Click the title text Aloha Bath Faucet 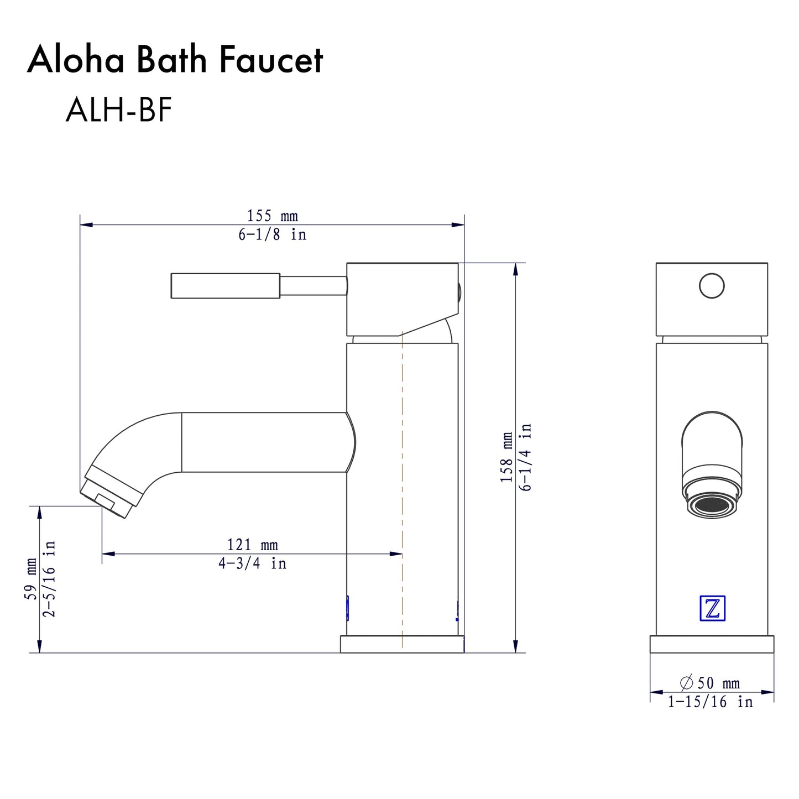click(175, 60)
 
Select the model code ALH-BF click(118, 109)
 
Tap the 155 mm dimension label click(272, 216)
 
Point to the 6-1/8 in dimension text click(272, 235)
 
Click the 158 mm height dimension click(506, 457)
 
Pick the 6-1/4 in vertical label click(525, 457)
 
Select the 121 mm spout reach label click(252, 545)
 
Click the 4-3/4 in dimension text click(252, 563)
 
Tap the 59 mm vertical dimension click(32, 579)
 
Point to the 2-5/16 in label click(50, 579)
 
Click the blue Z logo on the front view click(712, 608)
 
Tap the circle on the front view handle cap click(712, 286)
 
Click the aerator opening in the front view click(712, 505)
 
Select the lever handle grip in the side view click(225, 286)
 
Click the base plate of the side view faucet click(402, 644)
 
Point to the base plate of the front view click(712, 644)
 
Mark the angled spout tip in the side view click(108, 492)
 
